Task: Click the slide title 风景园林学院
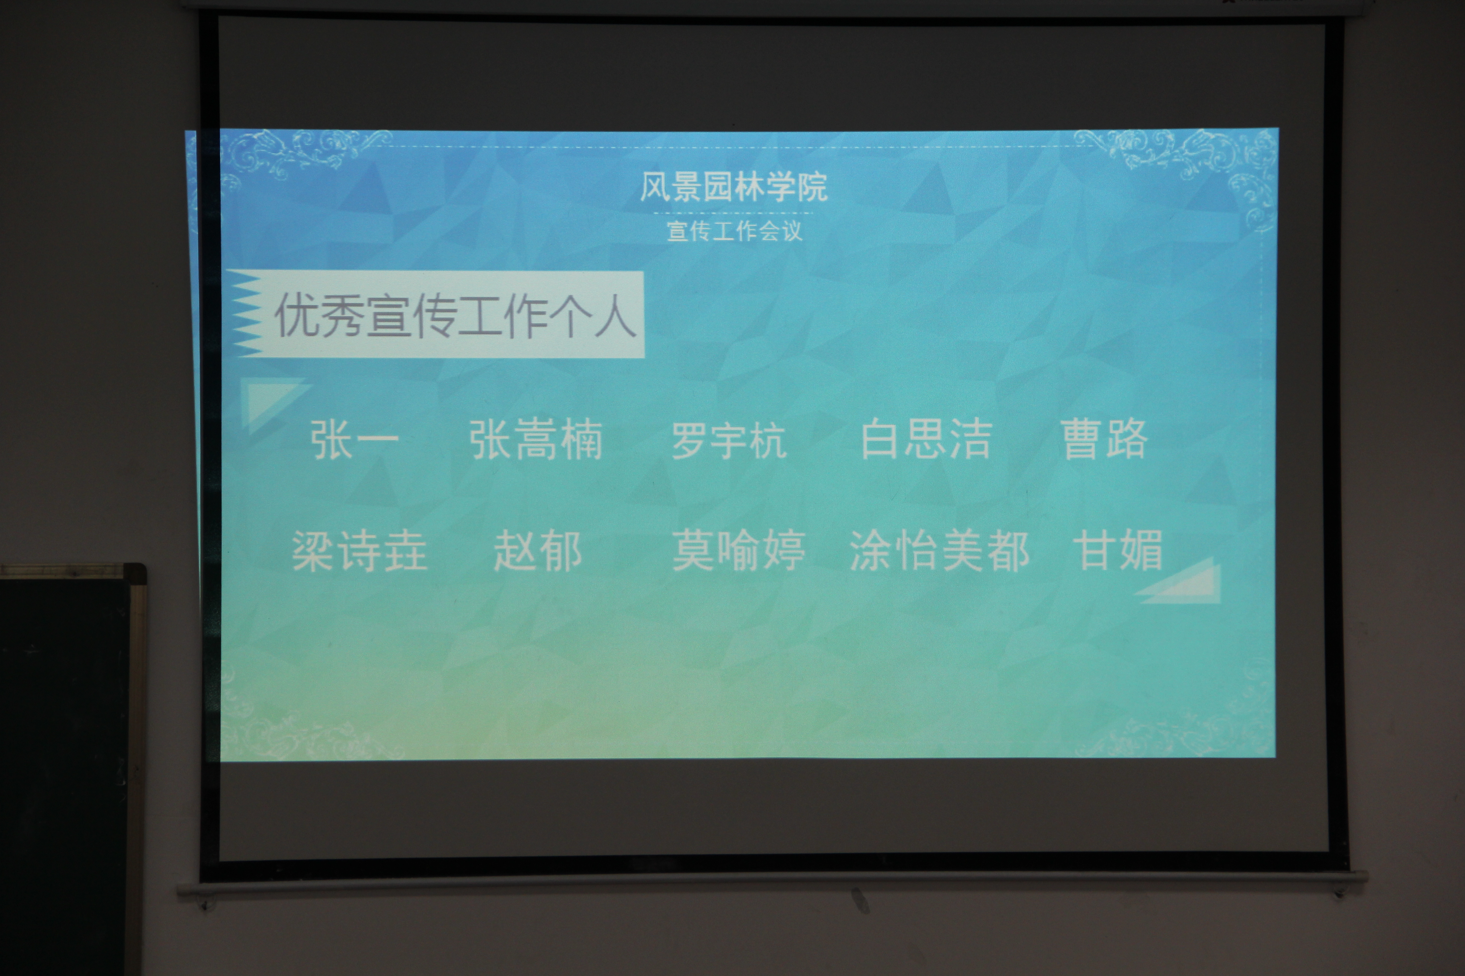[734, 187]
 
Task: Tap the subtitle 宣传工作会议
[734, 231]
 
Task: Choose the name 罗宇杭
[729, 440]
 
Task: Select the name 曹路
[1104, 439]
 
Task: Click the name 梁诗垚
[359, 551]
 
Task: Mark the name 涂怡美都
[939, 551]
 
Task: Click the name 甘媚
[1118, 550]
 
